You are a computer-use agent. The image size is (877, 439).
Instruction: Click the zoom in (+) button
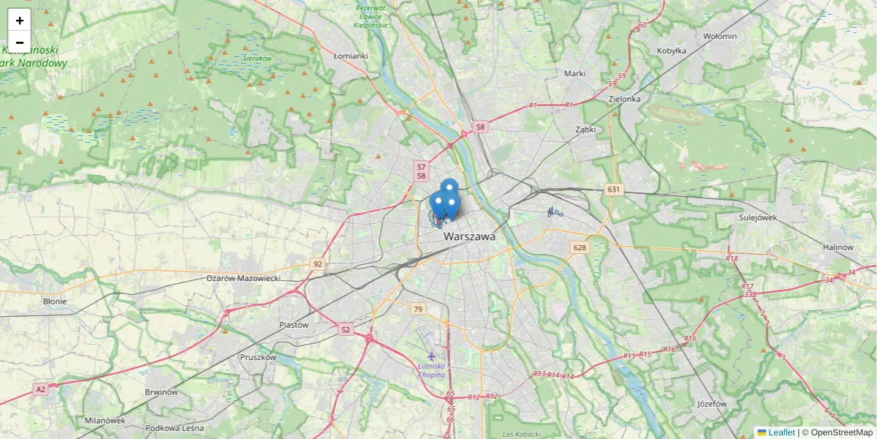(20, 20)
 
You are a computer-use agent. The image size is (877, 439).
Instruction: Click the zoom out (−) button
(20, 42)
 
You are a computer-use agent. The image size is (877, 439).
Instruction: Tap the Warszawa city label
(469, 237)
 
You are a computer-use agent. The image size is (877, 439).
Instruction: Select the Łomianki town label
(350, 56)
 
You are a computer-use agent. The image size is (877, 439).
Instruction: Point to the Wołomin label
(719, 35)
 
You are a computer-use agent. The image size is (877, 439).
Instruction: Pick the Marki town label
(575, 73)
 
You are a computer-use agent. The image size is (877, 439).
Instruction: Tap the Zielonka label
(624, 99)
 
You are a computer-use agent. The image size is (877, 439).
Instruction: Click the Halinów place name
(838, 247)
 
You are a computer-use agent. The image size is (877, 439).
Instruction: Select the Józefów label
(712, 403)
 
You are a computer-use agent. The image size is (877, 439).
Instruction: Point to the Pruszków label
(258, 357)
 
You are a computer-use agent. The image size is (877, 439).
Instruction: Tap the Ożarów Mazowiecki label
(243, 278)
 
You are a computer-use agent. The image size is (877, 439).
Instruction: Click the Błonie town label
(55, 301)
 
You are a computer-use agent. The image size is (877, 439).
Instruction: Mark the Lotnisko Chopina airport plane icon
(431, 356)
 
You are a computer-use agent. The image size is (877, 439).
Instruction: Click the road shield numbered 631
(613, 190)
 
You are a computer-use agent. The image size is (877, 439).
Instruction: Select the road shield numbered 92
(317, 263)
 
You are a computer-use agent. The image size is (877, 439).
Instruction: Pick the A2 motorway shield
(40, 390)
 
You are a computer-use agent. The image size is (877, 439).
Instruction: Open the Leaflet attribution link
(781, 432)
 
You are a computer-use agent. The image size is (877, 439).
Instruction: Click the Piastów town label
(294, 324)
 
